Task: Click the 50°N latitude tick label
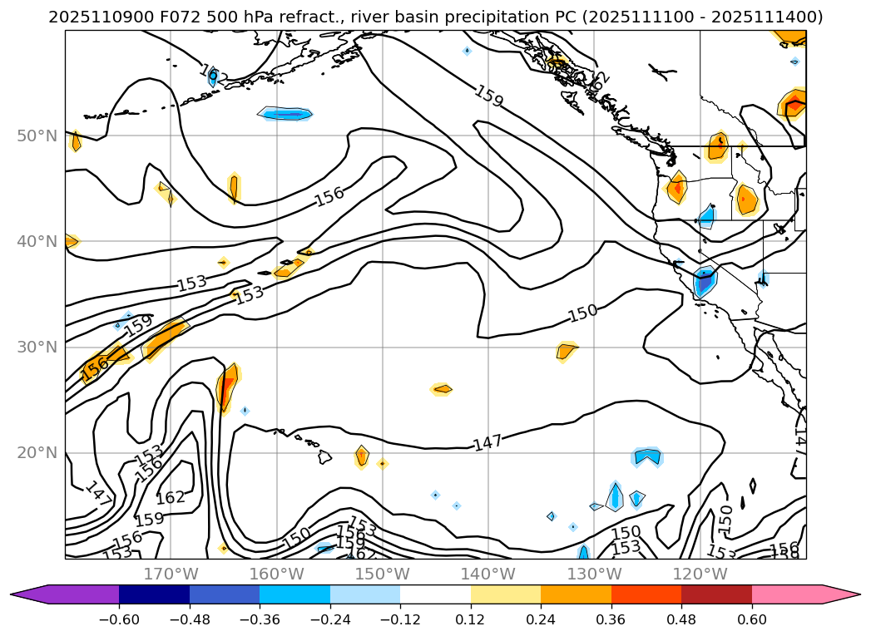click(37, 136)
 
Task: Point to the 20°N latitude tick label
click(37, 453)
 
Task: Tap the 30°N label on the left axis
click(37, 348)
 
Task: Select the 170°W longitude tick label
click(171, 574)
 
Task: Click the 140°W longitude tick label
click(488, 574)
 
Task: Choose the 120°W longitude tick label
click(700, 574)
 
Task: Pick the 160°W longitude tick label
click(276, 574)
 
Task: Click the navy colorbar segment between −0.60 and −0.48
click(154, 594)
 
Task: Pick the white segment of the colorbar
click(435, 594)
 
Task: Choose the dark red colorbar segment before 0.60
click(716, 594)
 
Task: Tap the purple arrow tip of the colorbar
click(25, 594)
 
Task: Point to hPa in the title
click(237, 17)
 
